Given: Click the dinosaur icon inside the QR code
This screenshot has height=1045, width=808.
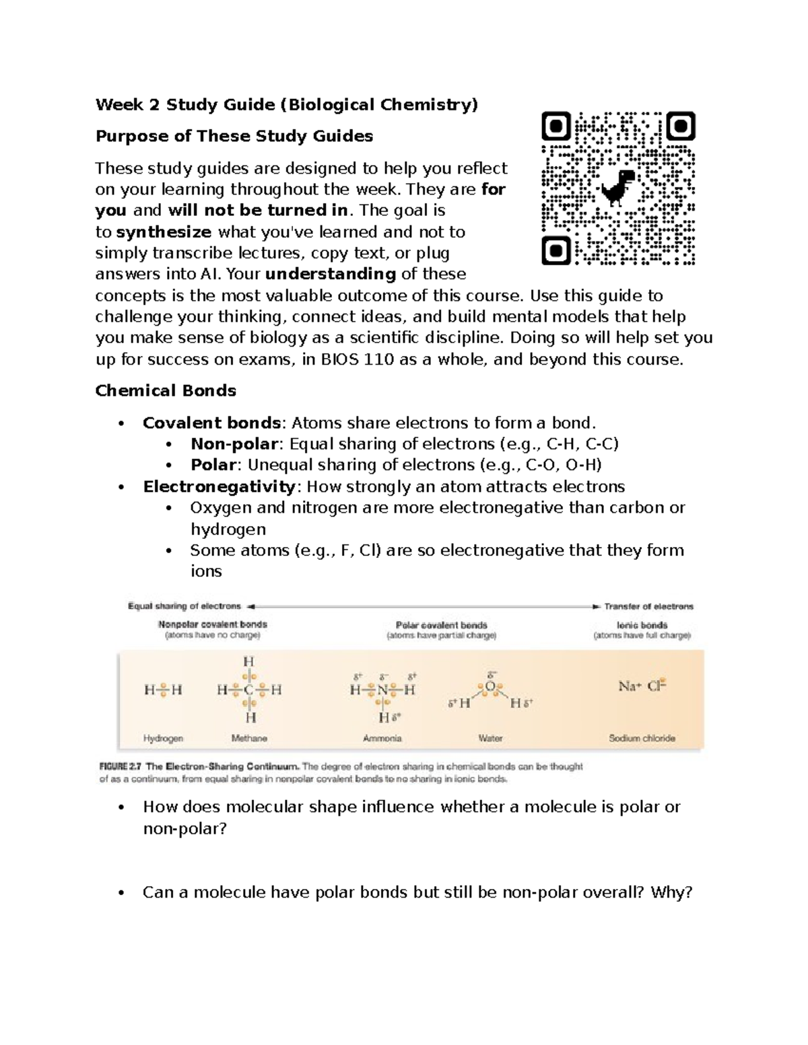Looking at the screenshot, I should tap(617, 188).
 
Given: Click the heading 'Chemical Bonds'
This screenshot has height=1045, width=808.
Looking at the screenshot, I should tap(166, 391).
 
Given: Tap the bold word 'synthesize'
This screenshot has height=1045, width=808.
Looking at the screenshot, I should tap(164, 232).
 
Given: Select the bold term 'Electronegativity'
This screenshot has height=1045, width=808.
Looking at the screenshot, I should tap(219, 487).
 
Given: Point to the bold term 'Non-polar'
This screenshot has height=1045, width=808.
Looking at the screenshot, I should tap(234, 444).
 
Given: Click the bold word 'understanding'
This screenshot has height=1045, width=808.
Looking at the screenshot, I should tap(330, 274).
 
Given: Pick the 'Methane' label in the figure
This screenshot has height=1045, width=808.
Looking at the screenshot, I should tap(249, 738).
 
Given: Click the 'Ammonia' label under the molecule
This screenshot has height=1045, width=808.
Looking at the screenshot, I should tap(382, 738).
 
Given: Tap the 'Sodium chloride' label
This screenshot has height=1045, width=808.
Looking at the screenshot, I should tap(642, 738).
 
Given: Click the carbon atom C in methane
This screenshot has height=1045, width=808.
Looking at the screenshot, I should tap(249, 690).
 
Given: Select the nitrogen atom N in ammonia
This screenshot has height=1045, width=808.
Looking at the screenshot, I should tap(382, 690).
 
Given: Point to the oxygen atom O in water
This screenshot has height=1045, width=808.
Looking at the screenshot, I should tap(490, 686).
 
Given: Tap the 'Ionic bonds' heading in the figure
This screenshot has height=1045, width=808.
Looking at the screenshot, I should tap(641, 625).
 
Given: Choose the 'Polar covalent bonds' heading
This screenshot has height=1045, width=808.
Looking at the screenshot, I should tap(441, 625).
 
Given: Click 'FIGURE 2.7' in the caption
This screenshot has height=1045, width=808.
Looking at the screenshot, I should tap(121, 766).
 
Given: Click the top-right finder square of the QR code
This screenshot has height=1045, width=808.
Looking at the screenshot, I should tap(681, 127).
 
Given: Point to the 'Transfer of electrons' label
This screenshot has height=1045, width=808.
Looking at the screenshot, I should tap(648, 606).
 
